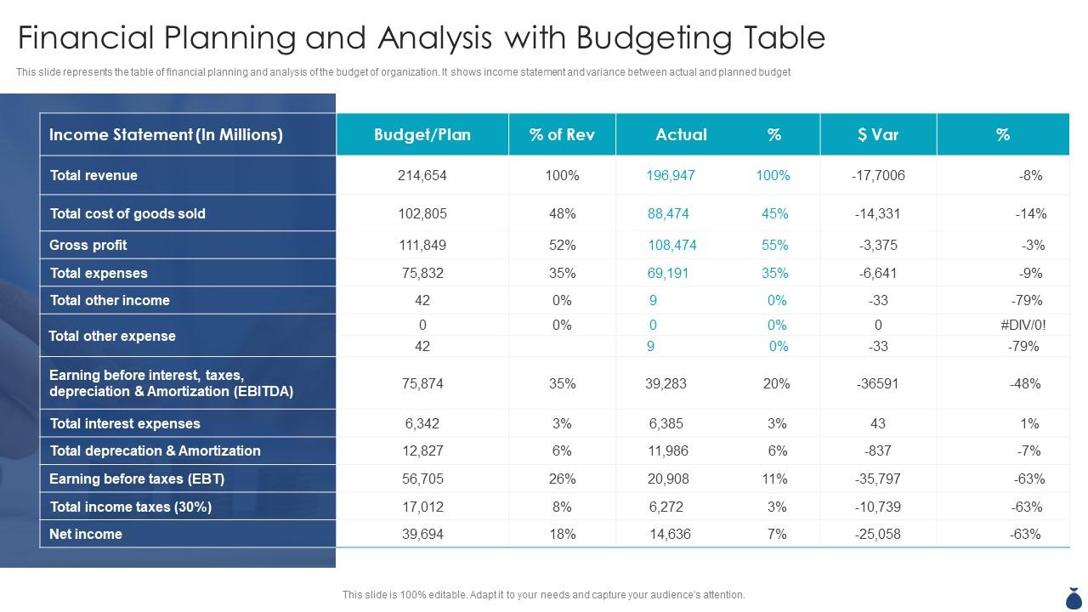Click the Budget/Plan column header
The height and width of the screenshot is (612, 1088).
[422, 134]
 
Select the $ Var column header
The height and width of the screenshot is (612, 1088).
[878, 134]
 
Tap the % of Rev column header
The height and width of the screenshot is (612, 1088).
[562, 134]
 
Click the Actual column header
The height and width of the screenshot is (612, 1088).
[681, 134]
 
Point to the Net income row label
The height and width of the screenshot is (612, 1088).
[86, 534]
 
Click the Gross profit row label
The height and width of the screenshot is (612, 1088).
[88, 245]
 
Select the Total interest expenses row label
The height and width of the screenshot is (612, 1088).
[125, 423]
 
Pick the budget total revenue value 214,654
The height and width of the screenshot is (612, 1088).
[422, 175]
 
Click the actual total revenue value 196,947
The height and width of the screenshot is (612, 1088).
[671, 175]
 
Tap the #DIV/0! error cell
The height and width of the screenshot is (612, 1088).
[1023, 325]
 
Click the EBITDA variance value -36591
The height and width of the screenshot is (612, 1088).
[878, 383]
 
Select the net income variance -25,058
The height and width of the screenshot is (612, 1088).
[878, 534]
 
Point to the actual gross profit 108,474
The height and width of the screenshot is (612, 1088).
[671, 245]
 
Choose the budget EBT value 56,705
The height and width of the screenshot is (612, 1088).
[422, 479]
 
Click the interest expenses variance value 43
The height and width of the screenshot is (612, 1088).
[878, 423]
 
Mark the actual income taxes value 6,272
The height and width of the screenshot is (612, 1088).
[666, 507]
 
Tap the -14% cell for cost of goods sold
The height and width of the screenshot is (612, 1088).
[1030, 213]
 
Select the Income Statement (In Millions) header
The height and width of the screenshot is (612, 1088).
[166, 134]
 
